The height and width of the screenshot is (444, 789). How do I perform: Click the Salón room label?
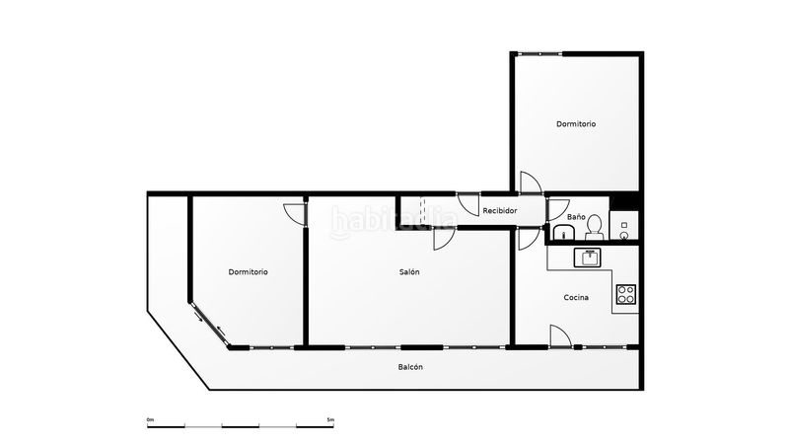[x=409, y=272]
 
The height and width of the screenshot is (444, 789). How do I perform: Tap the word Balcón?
[x=410, y=367]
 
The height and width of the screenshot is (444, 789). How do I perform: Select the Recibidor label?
[x=500, y=210]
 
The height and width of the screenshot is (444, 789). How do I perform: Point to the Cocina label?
[x=576, y=298]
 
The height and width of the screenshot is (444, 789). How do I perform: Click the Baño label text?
[x=576, y=216]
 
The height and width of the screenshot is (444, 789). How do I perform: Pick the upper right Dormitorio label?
[x=576, y=124]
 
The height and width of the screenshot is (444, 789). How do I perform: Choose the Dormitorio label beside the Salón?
[x=249, y=272]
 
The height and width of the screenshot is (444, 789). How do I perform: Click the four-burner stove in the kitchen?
[x=626, y=294]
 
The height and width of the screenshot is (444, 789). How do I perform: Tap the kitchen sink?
[x=588, y=258]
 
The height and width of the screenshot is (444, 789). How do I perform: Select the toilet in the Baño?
[x=595, y=228]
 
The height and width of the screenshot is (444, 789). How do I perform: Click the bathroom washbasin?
[x=564, y=233]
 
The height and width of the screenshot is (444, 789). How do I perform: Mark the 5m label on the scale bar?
[x=330, y=419]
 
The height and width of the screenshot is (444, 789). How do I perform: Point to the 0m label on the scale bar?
[x=150, y=419]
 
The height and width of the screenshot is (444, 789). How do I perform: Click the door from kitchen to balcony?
[x=560, y=335]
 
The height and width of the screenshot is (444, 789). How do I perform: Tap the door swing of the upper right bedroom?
[x=531, y=183]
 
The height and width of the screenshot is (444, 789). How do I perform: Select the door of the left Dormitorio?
[x=295, y=214]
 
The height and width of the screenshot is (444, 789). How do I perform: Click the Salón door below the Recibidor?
[x=445, y=239]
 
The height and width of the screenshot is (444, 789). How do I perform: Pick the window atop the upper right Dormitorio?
[x=539, y=53]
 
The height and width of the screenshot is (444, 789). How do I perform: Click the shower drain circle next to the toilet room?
[x=624, y=235]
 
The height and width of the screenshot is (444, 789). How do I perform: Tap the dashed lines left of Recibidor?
[x=423, y=211]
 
